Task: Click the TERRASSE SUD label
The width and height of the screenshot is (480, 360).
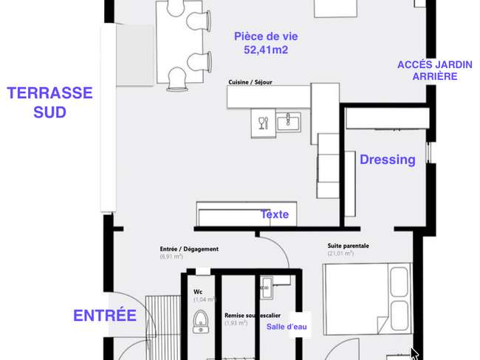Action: click(x=49, y=102)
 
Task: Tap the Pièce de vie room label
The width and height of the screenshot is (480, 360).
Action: click(x=266, y=36)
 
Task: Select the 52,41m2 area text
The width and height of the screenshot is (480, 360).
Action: click(x=266, y=50)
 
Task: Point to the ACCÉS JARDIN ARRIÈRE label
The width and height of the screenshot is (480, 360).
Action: click(x=435, y=70)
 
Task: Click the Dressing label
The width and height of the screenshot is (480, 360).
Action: click(x=388, y=160)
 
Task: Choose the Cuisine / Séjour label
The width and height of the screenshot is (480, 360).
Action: click(x=250, y=82)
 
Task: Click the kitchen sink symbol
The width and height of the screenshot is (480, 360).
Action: click(x=288, y=122)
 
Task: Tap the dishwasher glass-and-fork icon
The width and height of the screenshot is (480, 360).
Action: click(x=264, y=123)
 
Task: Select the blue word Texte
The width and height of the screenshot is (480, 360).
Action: click(x=275, y=214)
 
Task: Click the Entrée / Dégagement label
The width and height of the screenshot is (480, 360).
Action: click(x=189, y=249)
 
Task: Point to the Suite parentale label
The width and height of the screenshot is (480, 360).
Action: click(x=348, y=245)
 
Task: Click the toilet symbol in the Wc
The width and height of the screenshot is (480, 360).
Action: click(x=201, y=322)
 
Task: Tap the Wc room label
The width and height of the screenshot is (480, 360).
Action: click(x=198, y=292)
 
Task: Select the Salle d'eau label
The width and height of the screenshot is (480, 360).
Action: click(x=287, y=327)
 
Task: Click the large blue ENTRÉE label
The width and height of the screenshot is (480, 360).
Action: click(x=105, y=316)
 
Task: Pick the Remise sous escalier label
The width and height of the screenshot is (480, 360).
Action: click(x=253, y=316)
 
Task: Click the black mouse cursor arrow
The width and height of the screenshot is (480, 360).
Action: click(x=414, y=353)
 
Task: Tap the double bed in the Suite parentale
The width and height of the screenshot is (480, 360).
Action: click(x=368, y=299)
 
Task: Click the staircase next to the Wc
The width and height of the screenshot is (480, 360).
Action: click(x=163, y=327)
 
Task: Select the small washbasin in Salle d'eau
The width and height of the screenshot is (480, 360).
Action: click(x=267, y=288)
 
